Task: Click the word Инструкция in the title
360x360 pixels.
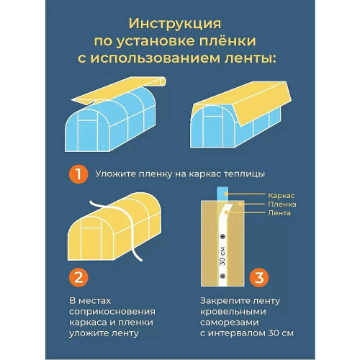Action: pos(175,24)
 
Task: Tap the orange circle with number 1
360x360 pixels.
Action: pos(78,174)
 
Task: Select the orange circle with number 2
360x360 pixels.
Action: pos(78,277)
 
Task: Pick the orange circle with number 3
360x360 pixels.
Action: pos(259,277)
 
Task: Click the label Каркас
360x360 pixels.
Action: pos(281,196)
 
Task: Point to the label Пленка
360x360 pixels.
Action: pos(282,204)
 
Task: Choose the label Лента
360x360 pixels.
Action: pos(279,213)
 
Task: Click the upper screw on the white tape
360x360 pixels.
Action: pos(223,237)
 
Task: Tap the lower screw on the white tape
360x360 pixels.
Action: pos(223,276)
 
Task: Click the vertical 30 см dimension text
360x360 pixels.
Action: pos(223,256)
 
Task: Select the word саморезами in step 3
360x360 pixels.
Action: pos(230,323)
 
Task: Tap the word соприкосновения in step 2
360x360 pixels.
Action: pos(112,312)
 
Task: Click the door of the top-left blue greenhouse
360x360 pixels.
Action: pos(89,135)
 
